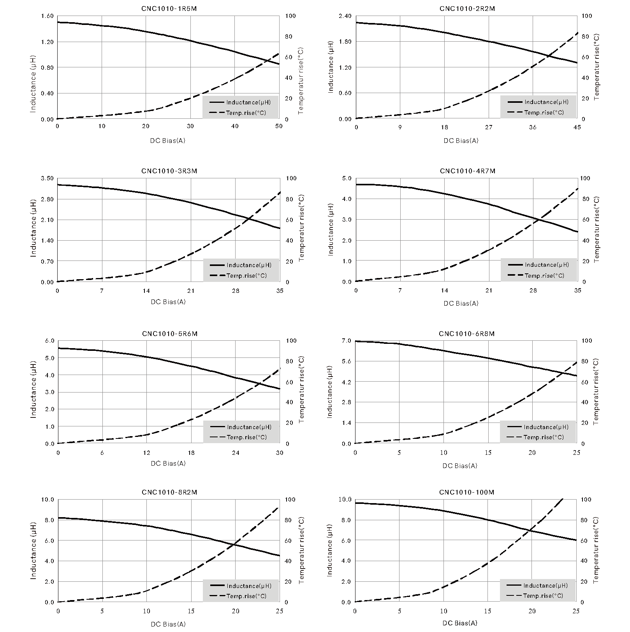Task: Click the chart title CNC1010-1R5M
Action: (169, 8)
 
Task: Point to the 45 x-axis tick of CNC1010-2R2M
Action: (577, 127)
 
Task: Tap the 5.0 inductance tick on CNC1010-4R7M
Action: (347, 178)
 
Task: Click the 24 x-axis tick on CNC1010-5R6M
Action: (236, 452)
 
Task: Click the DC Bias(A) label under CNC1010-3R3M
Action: (168, 302)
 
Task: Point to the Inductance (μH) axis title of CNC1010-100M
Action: (329, 551)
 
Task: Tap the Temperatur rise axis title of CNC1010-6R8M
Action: (596, 392)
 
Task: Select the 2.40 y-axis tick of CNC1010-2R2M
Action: (345, 16)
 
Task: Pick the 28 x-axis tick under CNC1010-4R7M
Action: (533, 290)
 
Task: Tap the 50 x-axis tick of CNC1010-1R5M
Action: (279, 126)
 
